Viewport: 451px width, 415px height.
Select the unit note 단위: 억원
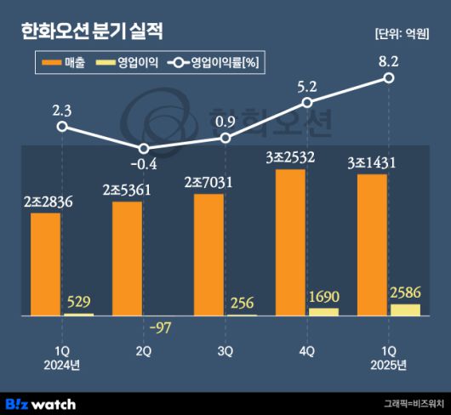402,33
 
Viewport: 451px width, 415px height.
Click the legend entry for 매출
67,63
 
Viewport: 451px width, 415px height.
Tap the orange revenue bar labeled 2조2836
46,264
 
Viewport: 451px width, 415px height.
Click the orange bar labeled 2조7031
209,255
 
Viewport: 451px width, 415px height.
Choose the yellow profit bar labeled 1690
323,312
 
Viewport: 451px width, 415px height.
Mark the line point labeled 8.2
389,77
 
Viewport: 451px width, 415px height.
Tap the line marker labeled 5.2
307,103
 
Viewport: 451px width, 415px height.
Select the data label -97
158,329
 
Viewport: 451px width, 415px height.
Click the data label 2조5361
127,190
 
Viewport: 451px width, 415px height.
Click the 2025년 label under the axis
389,366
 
